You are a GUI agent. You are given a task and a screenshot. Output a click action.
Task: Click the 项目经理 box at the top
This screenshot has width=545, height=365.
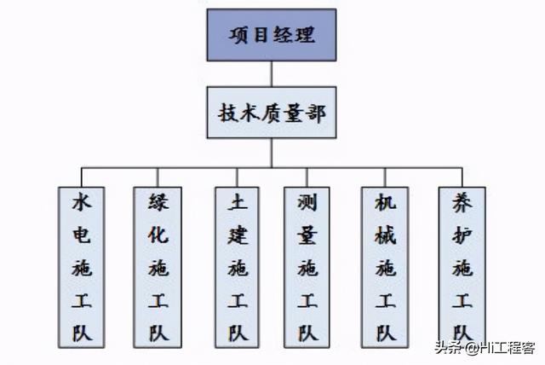point(272,35)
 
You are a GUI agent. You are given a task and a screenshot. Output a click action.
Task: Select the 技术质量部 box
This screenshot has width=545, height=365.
point(272,113)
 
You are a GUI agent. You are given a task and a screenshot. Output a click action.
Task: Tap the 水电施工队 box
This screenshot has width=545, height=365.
point(82,267)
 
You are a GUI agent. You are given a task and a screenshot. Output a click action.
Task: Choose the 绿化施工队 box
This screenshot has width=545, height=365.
point(158,267)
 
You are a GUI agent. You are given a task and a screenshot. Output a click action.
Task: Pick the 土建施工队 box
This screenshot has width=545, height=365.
point(237,267)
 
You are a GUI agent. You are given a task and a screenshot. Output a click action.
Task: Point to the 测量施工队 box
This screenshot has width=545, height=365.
point(307,267)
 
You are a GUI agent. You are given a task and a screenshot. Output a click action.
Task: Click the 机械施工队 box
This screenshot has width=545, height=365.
point(385,267)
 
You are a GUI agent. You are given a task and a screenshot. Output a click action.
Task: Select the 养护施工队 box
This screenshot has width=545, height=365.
point(462,267)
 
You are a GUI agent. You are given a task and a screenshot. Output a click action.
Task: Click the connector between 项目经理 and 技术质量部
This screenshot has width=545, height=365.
point(272,73)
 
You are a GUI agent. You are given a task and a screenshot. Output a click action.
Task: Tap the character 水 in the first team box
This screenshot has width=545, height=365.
point(82,202)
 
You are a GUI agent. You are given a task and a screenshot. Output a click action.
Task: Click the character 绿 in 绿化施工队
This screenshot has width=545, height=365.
point(158,202)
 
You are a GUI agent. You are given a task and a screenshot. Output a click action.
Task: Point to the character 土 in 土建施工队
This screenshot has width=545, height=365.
point(238,202)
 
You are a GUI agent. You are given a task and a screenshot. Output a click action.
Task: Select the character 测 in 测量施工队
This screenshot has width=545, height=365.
point(307,202)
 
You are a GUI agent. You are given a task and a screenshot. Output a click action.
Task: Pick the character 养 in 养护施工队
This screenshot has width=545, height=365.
point(462,202)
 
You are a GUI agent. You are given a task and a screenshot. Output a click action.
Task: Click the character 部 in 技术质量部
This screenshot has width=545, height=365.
point(315,113)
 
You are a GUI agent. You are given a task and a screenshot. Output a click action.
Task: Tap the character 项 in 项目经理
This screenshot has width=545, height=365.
point(239,35)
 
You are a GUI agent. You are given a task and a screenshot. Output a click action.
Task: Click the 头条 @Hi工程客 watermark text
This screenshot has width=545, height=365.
point(485,348)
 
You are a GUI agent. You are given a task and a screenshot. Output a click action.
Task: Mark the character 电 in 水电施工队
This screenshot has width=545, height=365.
point(82,235)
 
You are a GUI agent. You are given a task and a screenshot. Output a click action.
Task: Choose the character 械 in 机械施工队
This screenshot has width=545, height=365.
point(386,235)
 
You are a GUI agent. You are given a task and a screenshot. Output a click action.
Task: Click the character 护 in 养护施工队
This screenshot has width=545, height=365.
point(462,235)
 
